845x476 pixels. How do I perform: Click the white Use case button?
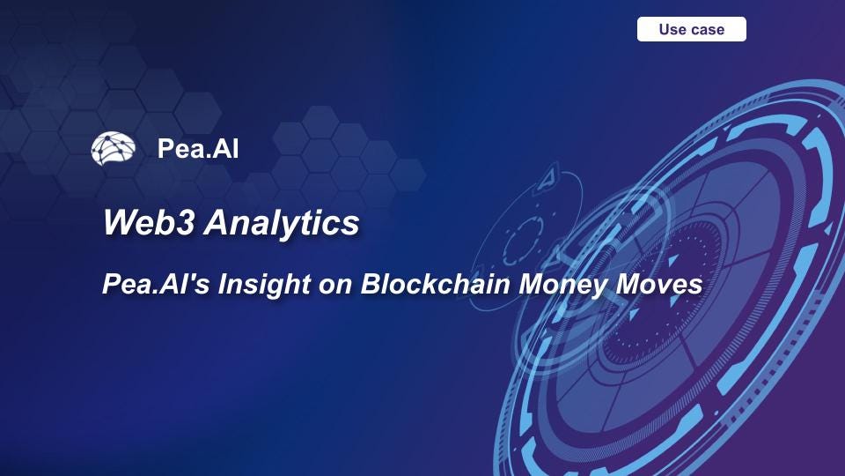coord(691,29)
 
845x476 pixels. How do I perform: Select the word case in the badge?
coord(708,29)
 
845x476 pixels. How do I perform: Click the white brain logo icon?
coord(113,149)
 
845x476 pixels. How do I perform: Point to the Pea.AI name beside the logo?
coord(198,149)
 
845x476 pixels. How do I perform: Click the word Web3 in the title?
coord(148,223)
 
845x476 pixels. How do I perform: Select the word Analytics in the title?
coord(282,223)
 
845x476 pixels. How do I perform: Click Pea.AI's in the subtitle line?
coord(150,285)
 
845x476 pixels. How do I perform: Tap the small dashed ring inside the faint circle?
coord(526,235)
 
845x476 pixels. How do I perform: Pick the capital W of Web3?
coord(120,223)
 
